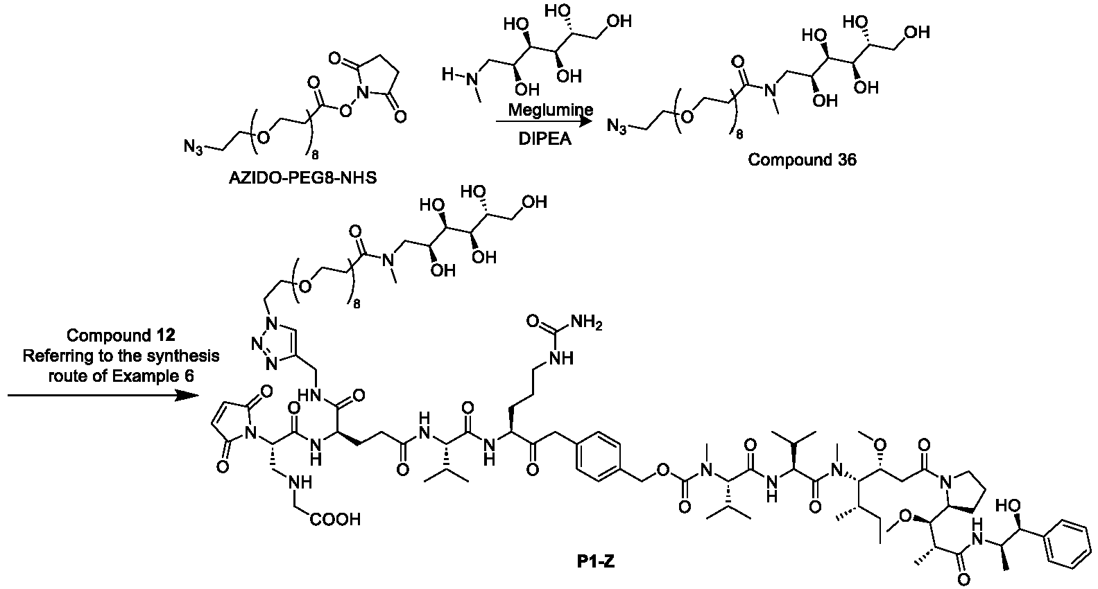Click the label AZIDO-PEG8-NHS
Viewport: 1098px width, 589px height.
pos(303,177)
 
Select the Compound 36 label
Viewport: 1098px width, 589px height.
pos(802,160)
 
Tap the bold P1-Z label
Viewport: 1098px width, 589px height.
pos(596,561)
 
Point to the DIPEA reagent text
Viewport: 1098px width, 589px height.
pos(545,139)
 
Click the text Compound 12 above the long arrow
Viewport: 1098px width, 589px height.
pos(121,335)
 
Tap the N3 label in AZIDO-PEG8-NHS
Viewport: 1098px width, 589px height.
pos(193,147)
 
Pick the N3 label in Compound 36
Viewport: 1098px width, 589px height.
pos(616,126)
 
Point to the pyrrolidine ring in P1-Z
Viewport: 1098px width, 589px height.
pos(963,493)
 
